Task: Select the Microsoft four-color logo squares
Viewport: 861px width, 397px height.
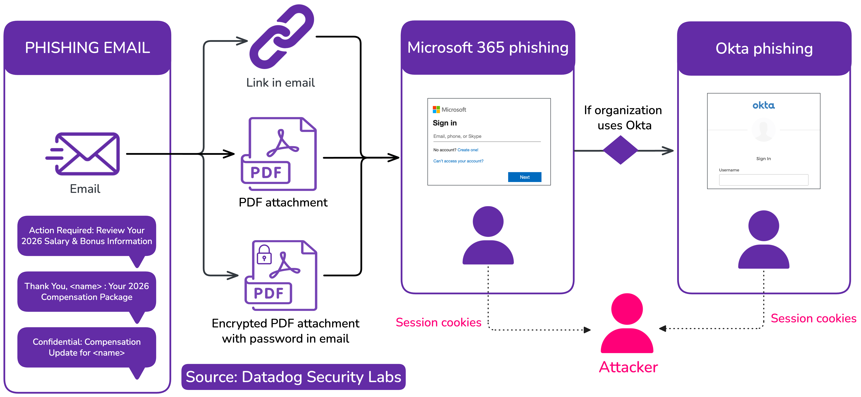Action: pyautogui.click(x=436, y=109)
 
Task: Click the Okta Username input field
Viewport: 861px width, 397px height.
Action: pyautogui.click(x=763, y=180)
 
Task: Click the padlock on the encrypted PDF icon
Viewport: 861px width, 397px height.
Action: pyautogui.click(x=264, y=255)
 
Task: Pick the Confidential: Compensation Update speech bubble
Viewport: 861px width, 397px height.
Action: pyautogui.click(x=87, y=347)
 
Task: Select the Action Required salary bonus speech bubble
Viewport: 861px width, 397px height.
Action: pyautogui.click(x=87, y=236)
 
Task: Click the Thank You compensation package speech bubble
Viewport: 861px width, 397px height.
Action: pyautogui.click(x=87, y=291)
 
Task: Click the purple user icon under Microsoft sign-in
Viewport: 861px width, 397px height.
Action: pyautogui.click(x=488, y=236)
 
